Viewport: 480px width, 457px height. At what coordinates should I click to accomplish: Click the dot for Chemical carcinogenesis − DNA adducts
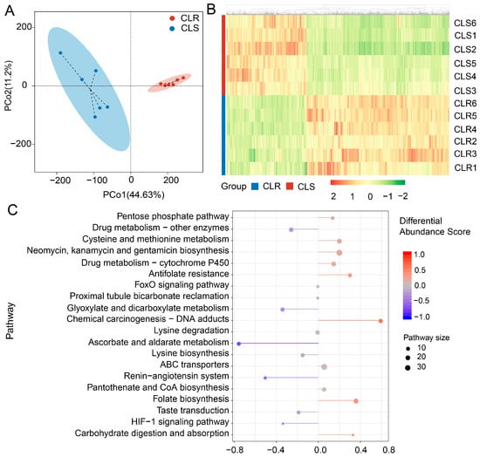(x=381, y=321)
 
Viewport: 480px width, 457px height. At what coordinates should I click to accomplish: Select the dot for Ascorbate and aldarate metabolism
(x=239, y=344)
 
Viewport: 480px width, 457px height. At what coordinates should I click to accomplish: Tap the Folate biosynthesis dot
(x=356, y=401)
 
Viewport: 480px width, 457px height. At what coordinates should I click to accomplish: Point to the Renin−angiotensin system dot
(x=265, y=379)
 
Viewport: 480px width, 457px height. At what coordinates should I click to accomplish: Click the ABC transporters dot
(x=325, y=367)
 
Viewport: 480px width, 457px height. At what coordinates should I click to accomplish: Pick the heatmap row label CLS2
(x=465, y=49)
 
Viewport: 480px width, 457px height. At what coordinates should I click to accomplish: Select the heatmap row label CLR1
(x=465, y=167)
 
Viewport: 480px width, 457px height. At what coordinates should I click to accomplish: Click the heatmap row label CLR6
(x=465, y=104)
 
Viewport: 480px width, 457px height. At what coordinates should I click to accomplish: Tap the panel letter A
(x=10, y=10)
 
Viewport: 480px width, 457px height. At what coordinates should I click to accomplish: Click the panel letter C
(x=12, y=210)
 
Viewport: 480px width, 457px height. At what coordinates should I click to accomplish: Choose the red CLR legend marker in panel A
(x=172, y=18)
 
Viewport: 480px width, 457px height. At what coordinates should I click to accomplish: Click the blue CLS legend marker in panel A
(x=172, y=29)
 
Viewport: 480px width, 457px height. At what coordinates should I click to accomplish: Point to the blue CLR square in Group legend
(x=255, y=187)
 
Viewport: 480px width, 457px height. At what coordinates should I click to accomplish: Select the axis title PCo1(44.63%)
(x=134, y=194)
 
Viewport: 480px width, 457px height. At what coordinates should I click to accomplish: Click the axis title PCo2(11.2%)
(x=8, y=86)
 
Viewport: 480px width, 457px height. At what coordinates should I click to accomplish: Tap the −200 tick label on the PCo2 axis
(x=21, y=144)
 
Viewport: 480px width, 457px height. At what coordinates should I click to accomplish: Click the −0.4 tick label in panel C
(x=277, y=450)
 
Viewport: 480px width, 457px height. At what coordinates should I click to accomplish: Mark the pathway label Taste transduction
(x=193, y=410)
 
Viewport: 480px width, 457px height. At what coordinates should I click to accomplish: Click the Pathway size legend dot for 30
(x=408, y=368)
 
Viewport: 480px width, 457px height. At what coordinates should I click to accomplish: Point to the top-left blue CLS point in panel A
(x=60, y=53)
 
